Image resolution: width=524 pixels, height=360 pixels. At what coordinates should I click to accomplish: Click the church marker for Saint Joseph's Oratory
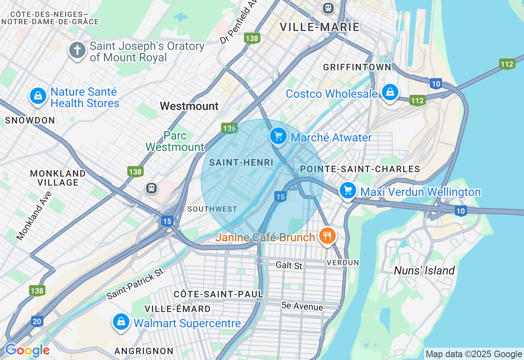point(77,51)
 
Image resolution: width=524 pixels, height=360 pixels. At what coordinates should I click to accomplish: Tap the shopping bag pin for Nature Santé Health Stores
point(38,96)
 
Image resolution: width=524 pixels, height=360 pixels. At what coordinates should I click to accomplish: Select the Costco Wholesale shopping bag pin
point(390,92)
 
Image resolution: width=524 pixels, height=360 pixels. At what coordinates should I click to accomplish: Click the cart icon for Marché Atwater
point(278,136)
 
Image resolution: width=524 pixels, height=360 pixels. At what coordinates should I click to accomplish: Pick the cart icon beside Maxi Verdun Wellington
point(348,190)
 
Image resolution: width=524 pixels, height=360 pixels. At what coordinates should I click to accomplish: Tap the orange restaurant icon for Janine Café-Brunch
point(327,236)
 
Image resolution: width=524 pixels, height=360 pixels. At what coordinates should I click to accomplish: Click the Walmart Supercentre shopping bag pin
point(121,322)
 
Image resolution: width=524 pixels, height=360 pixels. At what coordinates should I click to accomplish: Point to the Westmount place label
point(189,106)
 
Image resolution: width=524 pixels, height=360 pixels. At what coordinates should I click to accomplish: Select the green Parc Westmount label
point(175,141)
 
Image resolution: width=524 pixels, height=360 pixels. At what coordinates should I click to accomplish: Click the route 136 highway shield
point(229,128)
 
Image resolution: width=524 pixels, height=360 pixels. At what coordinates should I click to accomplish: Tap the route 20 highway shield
point(37,322)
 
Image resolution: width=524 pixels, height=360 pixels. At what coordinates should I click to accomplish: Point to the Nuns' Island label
point(424,270)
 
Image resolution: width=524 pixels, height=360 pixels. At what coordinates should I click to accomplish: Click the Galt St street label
point(289,265)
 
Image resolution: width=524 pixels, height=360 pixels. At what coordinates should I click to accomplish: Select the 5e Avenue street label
point(302,306)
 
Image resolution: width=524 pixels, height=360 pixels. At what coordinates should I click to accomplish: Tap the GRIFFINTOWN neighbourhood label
point(357,67)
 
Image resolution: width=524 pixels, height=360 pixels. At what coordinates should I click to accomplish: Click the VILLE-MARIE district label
point(319,27)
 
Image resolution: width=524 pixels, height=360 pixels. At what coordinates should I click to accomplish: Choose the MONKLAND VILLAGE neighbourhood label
point(58,178)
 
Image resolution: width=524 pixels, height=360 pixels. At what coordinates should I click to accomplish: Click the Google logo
point(27,351)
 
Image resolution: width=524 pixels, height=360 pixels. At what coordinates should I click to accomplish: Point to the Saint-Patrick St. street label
point(136,283)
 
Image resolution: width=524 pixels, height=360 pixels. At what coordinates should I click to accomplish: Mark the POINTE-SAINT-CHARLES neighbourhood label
point(360,169)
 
